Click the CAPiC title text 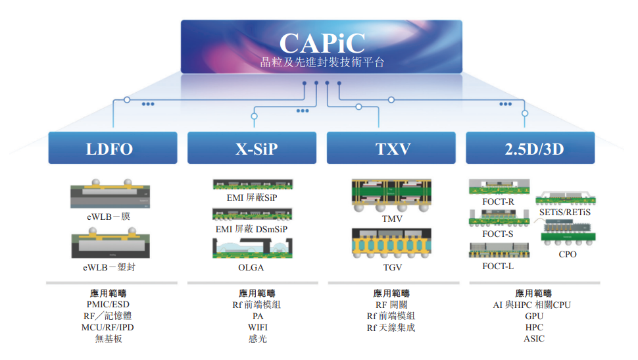tap(322, 43)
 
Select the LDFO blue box tap(112, 148)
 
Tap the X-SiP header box tap(253, 148)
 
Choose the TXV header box tap(392, 148)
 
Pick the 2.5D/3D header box tap(530, 148)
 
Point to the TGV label tap(391, 268)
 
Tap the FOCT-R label tap(498, 201)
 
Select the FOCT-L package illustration tap(498, 250)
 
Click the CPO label tap(568, 254)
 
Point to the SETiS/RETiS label tap(568, 213)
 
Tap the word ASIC tap(534, 338)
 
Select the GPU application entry tap(534, 316)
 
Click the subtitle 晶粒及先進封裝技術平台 tap(322, 64)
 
